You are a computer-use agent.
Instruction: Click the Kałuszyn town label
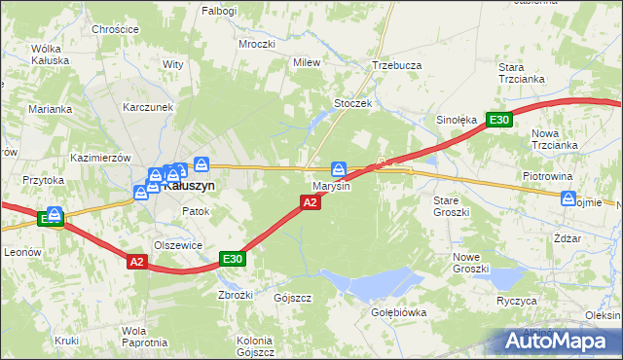coord(190,185)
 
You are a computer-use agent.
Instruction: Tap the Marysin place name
coord(331,186)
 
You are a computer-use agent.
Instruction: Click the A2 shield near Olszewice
coord(136,261)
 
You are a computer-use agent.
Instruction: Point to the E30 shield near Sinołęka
coord(499,120)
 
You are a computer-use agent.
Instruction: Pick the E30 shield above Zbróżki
coord(232,258)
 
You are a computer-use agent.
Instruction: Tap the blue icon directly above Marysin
coord(339,167)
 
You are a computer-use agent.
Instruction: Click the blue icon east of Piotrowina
coord(568,198)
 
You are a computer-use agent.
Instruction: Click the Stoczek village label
coord(353,102)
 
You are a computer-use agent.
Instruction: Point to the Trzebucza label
coord(396,66)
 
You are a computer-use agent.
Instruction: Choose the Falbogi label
coord(219,10)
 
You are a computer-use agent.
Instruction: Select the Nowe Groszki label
coord(470,262)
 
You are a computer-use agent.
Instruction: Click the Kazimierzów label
coord(100,158)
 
